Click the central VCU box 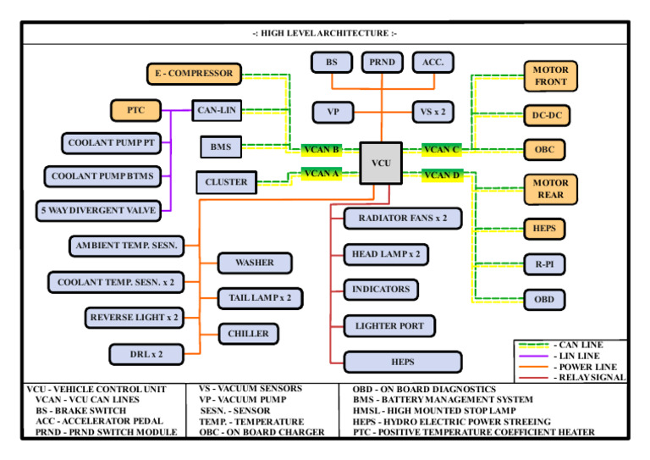(381, 162)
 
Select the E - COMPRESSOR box (194, 74)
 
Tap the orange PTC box (135, 110)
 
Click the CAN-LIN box (216, 110)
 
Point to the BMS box (221, 147)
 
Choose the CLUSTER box (226, 182)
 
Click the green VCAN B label (322, 150)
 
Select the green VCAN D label (442, 175)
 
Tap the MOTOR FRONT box (550, 75)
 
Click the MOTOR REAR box (550, 189)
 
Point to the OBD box (544, 299)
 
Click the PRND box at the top (382, 62)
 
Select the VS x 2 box (433, 111)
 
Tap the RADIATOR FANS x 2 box (402, 219)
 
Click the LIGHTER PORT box (389, 325)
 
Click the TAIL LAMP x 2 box (260, 298)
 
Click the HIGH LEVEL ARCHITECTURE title (324, 33)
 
